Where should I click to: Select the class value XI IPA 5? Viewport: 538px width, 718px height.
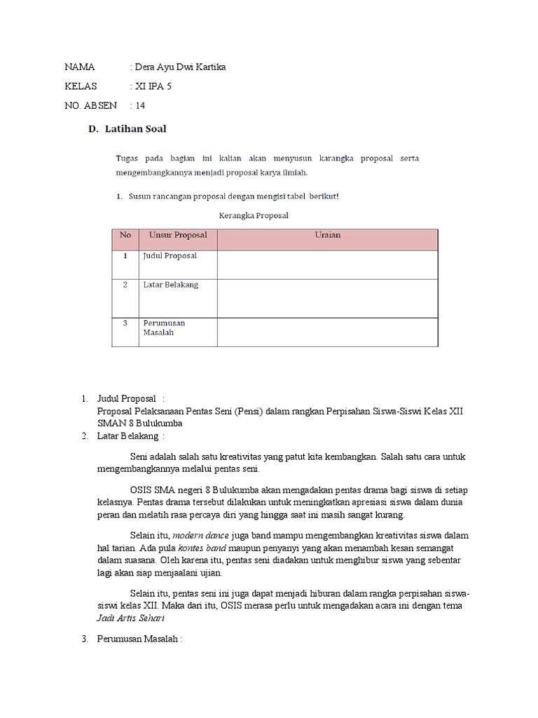152,86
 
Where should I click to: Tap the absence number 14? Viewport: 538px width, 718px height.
140,106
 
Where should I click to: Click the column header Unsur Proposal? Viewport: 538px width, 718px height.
178,235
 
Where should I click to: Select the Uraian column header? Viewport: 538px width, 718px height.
327,235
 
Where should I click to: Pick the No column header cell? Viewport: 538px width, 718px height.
125,235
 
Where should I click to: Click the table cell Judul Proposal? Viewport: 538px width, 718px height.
170,256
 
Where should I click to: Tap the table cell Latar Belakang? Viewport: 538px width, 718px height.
170,285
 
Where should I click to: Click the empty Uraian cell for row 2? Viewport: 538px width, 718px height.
327,298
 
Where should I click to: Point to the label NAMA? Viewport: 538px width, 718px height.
79,67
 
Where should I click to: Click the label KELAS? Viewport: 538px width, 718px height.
81,86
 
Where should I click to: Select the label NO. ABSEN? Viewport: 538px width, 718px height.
90,106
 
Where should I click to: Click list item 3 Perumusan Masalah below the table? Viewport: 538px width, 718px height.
142,639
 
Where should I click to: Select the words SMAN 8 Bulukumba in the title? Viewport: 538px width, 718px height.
144,424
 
